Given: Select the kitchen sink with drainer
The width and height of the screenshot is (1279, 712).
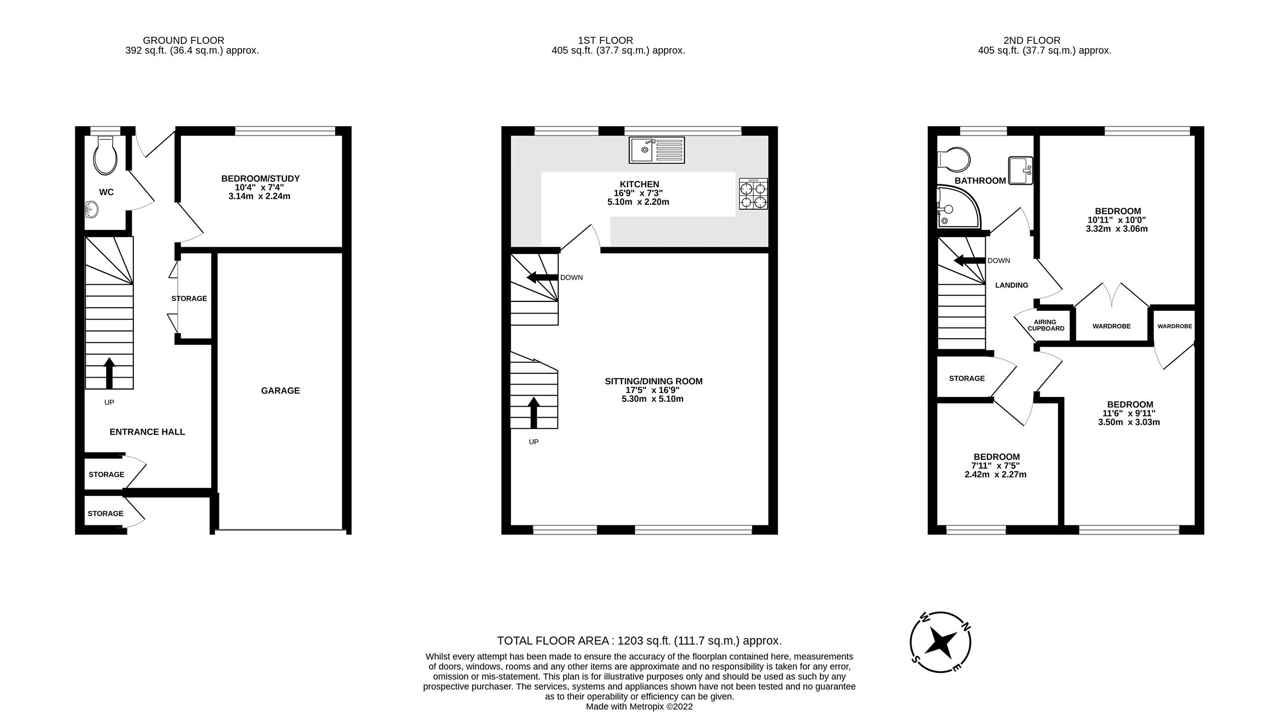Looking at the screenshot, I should pos(656,150).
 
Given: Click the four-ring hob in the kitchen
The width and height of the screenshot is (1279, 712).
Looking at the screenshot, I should pos(753,194).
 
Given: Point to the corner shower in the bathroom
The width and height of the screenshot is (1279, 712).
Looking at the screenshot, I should pos(956,209).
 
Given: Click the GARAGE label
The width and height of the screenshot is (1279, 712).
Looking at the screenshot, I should pos(280,391).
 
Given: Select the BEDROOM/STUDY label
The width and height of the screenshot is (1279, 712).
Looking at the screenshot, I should pos(260,178).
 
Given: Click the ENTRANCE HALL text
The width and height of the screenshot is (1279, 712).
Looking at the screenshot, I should pos(147,432).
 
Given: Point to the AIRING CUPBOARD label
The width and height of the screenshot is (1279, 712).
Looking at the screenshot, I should pos(1046,325).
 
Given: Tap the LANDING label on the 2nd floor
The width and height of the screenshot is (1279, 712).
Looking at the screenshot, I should pos(1011,285).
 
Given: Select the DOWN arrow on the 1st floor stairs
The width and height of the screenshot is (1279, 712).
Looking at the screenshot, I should pos(542,277).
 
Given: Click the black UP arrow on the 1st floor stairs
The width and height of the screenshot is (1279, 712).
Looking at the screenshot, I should pos(534,413).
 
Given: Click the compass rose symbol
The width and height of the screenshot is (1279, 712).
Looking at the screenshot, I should pos(940,642).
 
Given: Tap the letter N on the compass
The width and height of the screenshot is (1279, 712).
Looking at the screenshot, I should pos(966,626).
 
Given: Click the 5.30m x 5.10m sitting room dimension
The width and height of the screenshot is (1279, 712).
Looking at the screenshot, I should pos(652,399).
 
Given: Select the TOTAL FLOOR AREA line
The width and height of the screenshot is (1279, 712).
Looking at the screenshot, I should pos(639,641).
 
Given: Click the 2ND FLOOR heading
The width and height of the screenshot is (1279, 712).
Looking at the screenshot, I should pos(1032,40).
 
